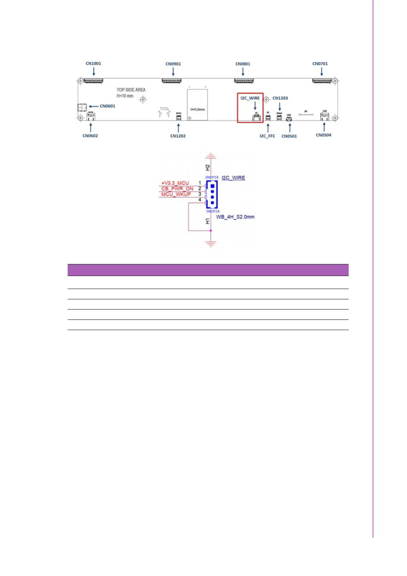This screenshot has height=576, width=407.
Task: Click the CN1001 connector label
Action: click(93, 63)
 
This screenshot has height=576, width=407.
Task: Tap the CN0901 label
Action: click(173, 64)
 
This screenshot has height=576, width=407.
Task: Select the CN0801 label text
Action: click(243, 64)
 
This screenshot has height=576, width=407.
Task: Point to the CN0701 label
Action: click(320, 64)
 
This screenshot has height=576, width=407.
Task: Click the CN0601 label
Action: click(107, 106)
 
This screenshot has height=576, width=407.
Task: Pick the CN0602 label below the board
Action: click(90, 136)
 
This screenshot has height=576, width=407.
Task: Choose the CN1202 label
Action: click(178, 136)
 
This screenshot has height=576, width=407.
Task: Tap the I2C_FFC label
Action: click(267, 136)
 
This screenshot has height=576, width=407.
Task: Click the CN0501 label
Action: click(289, 136)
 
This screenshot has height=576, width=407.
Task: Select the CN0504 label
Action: click(323, 135)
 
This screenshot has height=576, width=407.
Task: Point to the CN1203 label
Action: click(280, 98)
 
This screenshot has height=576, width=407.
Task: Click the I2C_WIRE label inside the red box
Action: click(250, 98)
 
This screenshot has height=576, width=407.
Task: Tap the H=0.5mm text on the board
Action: click(198, 109)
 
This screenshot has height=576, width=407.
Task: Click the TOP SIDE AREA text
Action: click(131, 90)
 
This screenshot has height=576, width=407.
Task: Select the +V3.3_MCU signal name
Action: click(175, 183)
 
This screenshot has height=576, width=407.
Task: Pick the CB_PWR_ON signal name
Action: click(177, 188)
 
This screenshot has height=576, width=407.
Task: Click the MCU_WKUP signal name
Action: click(176, 194)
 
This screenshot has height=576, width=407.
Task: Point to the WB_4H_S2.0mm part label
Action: click(235, 217)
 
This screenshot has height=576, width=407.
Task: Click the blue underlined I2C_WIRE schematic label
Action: click(233, 178)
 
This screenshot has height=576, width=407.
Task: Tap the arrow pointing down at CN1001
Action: click(94, 71)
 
